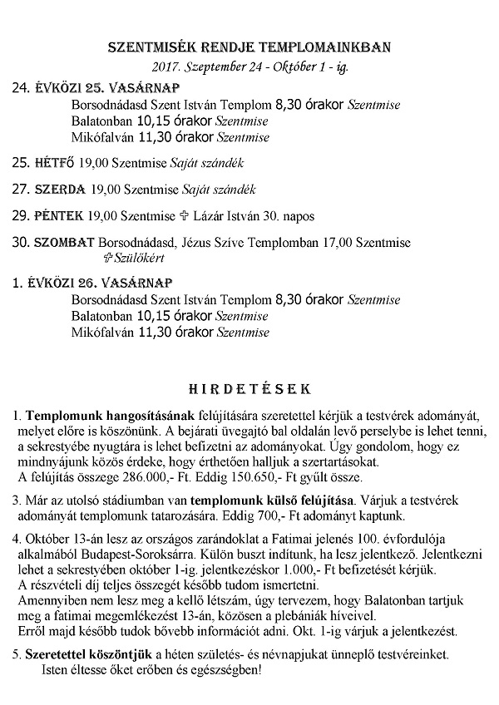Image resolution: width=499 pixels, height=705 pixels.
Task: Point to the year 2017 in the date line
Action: click(166, 66)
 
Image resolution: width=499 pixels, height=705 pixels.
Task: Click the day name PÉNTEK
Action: click(59, 216)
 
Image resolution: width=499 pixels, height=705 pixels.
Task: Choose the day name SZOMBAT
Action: click(65, 243)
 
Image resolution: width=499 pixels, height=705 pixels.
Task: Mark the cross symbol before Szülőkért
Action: click(106, 258)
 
